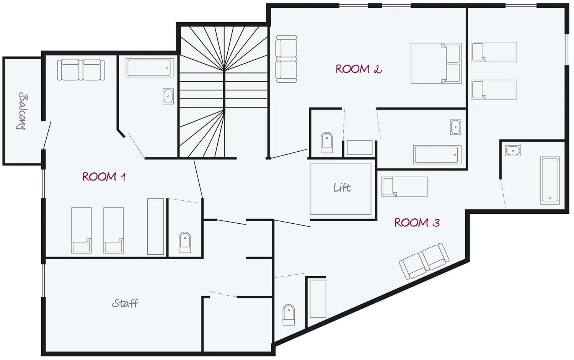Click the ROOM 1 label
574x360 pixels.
coord(104,177)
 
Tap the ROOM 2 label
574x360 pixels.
coord(359,69)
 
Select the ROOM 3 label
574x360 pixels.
coord(417,223)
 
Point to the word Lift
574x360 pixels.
coord(342,188)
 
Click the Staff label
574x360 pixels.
coord(125,303)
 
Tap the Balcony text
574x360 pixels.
coord(23,111)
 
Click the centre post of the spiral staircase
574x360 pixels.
coord(224,91)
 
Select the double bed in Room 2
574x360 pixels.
coord(436,63)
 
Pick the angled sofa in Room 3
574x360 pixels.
coord(424,261)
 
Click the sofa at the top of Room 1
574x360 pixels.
coord(81,70)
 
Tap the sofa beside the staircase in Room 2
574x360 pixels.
coord(286,59)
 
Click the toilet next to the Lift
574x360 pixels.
coord(327,142)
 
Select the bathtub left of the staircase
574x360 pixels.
coord(150,68)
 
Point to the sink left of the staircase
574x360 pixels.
coord(168,97)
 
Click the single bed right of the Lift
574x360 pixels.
coord(404,187)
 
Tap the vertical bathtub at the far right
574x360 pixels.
coord(550,181)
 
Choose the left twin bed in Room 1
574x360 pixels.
coord(82,230)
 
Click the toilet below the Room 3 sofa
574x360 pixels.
coord(289,315)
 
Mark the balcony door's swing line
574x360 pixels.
coord(47,135)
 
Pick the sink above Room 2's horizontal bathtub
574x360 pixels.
coord(455,127)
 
